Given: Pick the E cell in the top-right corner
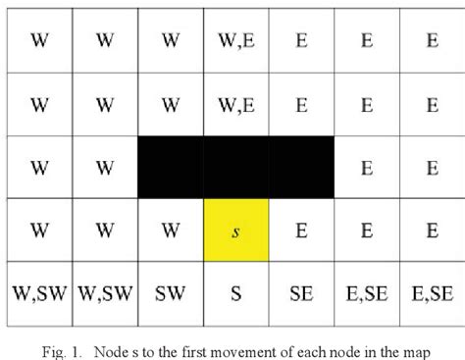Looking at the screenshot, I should point(431,43).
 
